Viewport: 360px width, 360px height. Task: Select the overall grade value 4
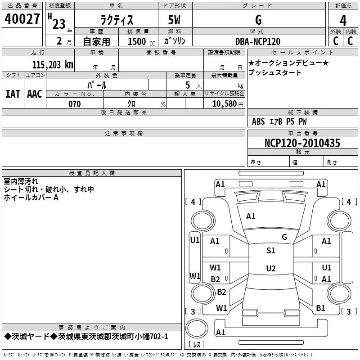tap(343, 20)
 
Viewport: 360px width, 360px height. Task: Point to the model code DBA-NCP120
tap(258, 41)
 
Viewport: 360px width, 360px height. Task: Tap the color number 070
tap(74, 104)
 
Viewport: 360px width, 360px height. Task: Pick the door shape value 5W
tap(175, 20)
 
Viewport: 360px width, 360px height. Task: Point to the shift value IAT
tap(13, 94)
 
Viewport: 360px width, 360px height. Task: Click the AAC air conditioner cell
tap(35, 94)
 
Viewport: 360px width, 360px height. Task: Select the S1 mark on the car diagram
tap(270, 251)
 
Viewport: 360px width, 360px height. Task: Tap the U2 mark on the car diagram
tap(270, 269)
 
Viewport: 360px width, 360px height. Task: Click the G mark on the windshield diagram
tap(284, 237)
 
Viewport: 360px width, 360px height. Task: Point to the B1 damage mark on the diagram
tap(320, 308)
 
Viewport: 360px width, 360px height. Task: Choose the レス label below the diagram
tap(197, 345)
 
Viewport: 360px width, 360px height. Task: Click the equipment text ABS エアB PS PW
tap(279, 121)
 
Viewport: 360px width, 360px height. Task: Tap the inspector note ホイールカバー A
tap(31, 198)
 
